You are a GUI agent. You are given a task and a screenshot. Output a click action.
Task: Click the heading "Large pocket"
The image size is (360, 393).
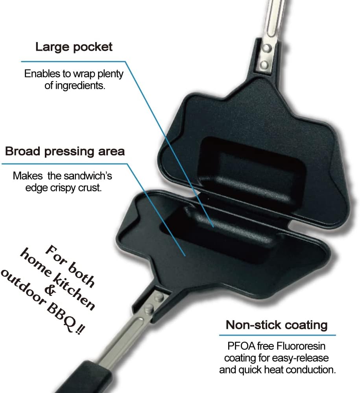[x=74, y=47]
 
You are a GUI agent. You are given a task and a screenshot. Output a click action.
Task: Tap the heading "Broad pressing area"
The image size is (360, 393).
[x=65, y=152]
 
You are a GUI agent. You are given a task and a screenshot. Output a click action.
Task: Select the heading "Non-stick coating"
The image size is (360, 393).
[x=277, y=325]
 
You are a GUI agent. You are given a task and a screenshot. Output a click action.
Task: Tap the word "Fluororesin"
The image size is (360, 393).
[x=301, y=346]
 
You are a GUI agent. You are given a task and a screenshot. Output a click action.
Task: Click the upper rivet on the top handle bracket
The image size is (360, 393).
[x=267, y=48]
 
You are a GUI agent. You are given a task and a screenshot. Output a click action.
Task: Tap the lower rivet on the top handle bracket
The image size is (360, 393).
[x=264, y=65]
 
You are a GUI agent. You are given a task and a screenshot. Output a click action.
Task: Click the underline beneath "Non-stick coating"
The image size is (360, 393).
[x=277, y=335]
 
